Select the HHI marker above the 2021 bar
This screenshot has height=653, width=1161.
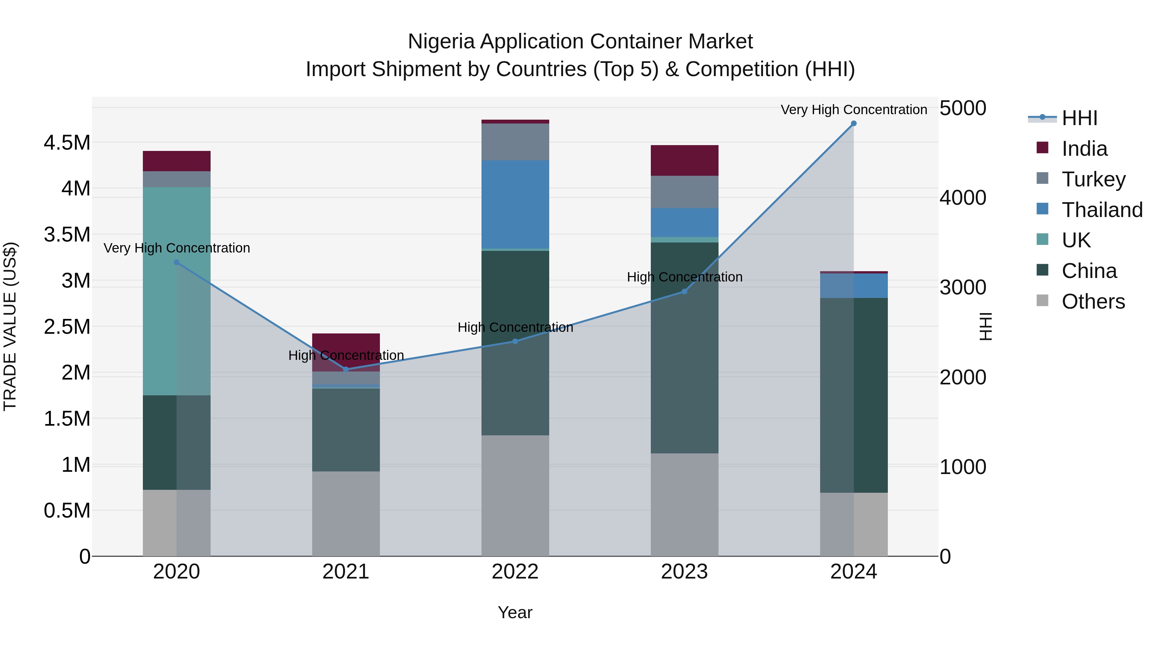(x=346, y=370)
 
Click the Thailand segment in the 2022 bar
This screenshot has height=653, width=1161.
(x=515, y=204)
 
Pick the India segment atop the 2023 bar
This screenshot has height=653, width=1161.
(x=684, y=161)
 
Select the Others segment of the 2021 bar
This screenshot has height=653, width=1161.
(x=346, y=513)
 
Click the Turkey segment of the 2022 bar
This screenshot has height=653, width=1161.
(x=515, y=142)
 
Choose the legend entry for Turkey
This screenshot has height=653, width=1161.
(x=1093, y=179)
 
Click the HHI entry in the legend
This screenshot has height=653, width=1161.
(x=1079, y=118)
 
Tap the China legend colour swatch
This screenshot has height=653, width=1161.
(x=1042, y=271)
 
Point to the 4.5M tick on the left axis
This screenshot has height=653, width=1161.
(x=67, y=143)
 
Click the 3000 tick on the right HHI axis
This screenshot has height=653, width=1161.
(x=963, y=288)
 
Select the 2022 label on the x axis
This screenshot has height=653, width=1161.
(x=515, y=572)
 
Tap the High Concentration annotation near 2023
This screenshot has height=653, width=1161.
(x=684, y=277)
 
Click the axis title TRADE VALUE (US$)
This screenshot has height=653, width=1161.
(x=10, y=326)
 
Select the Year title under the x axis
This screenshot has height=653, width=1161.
(x=515, y=612)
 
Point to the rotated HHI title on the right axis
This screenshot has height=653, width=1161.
(x=986, y=326)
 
